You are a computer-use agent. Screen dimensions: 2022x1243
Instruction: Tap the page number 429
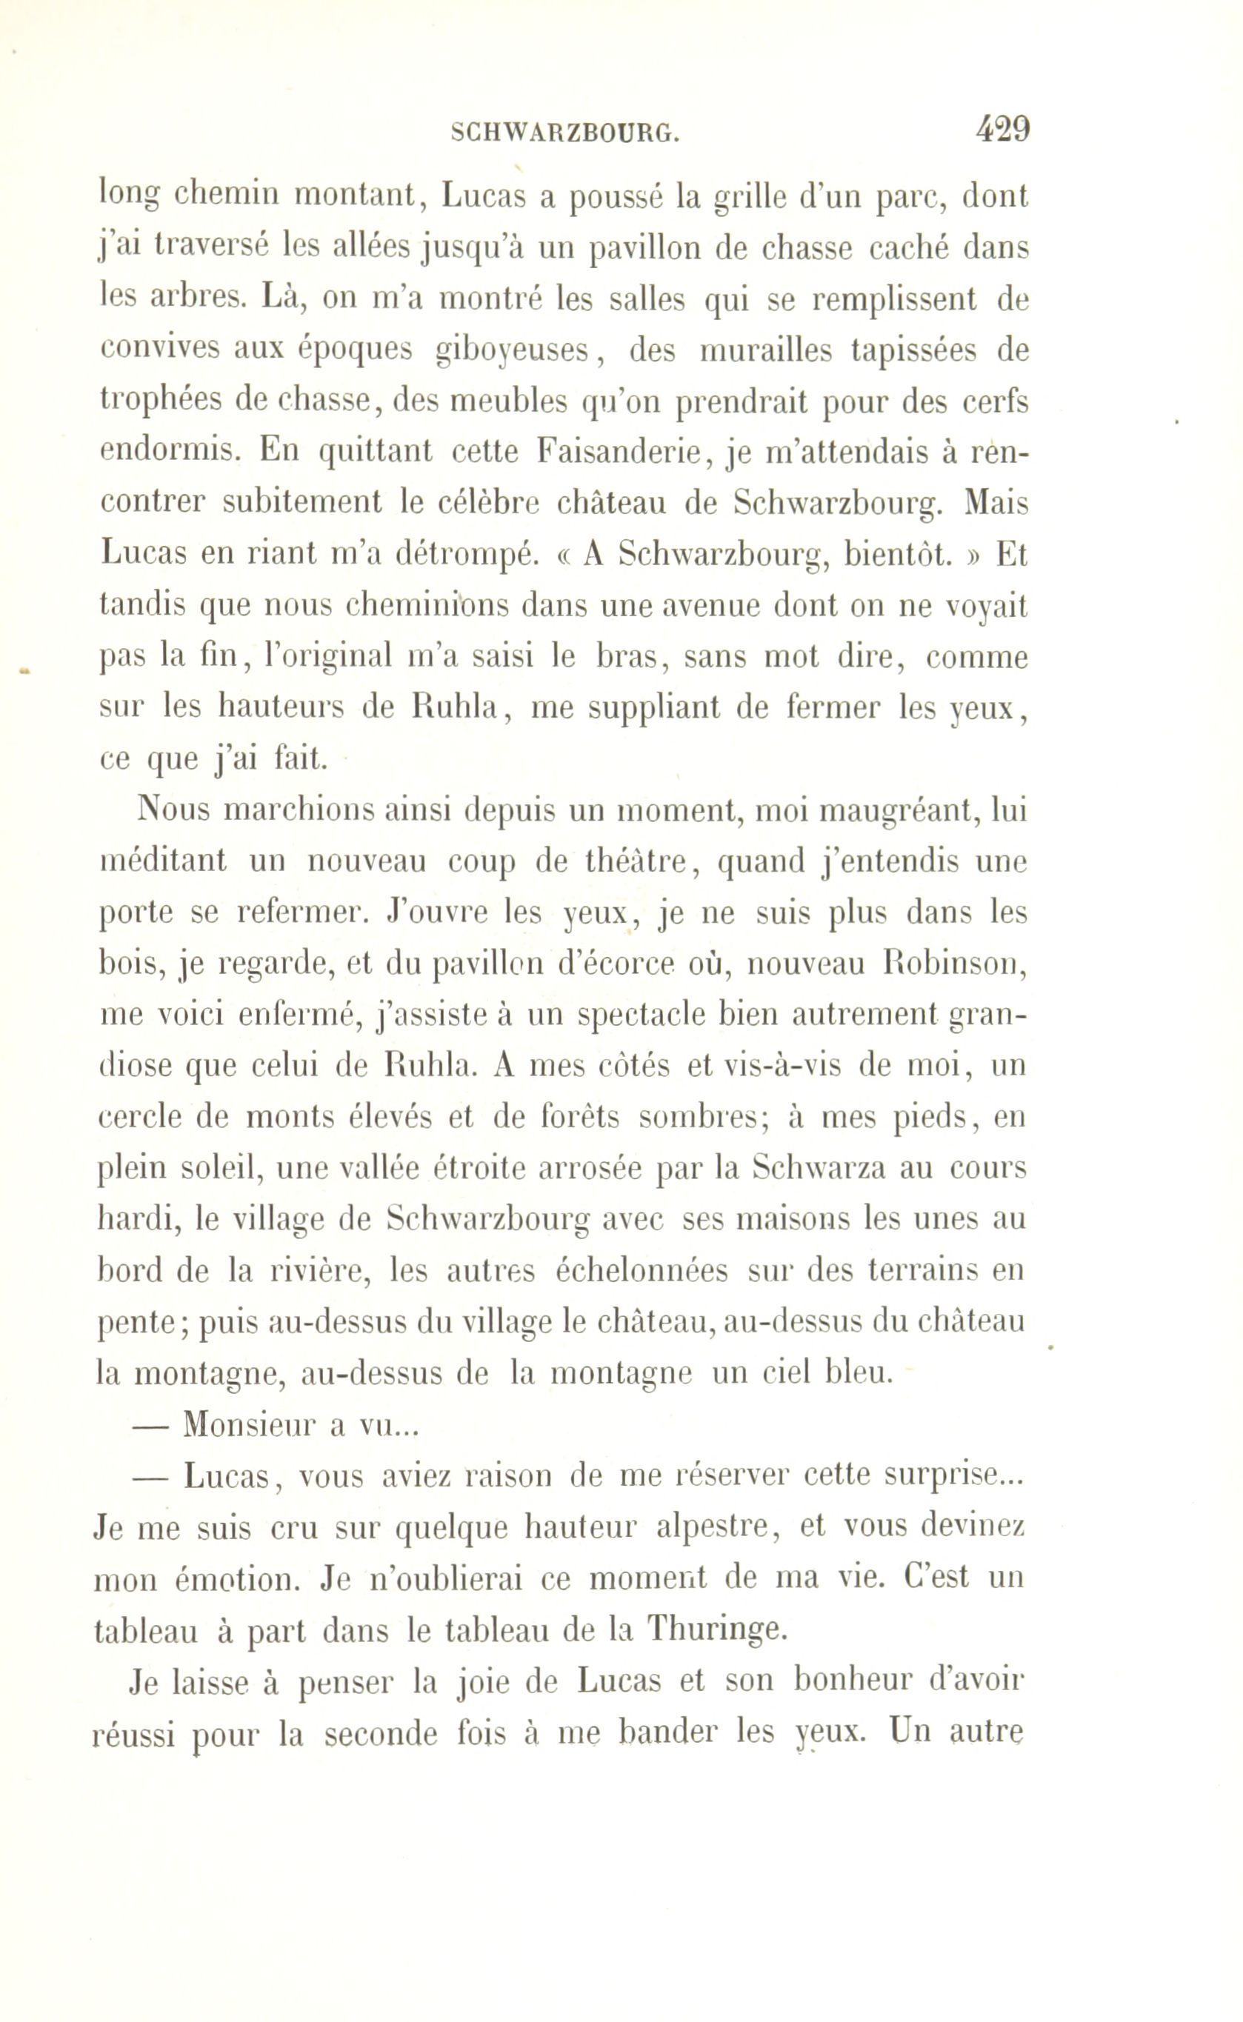pyautogui.click(x=1002, y=129)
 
